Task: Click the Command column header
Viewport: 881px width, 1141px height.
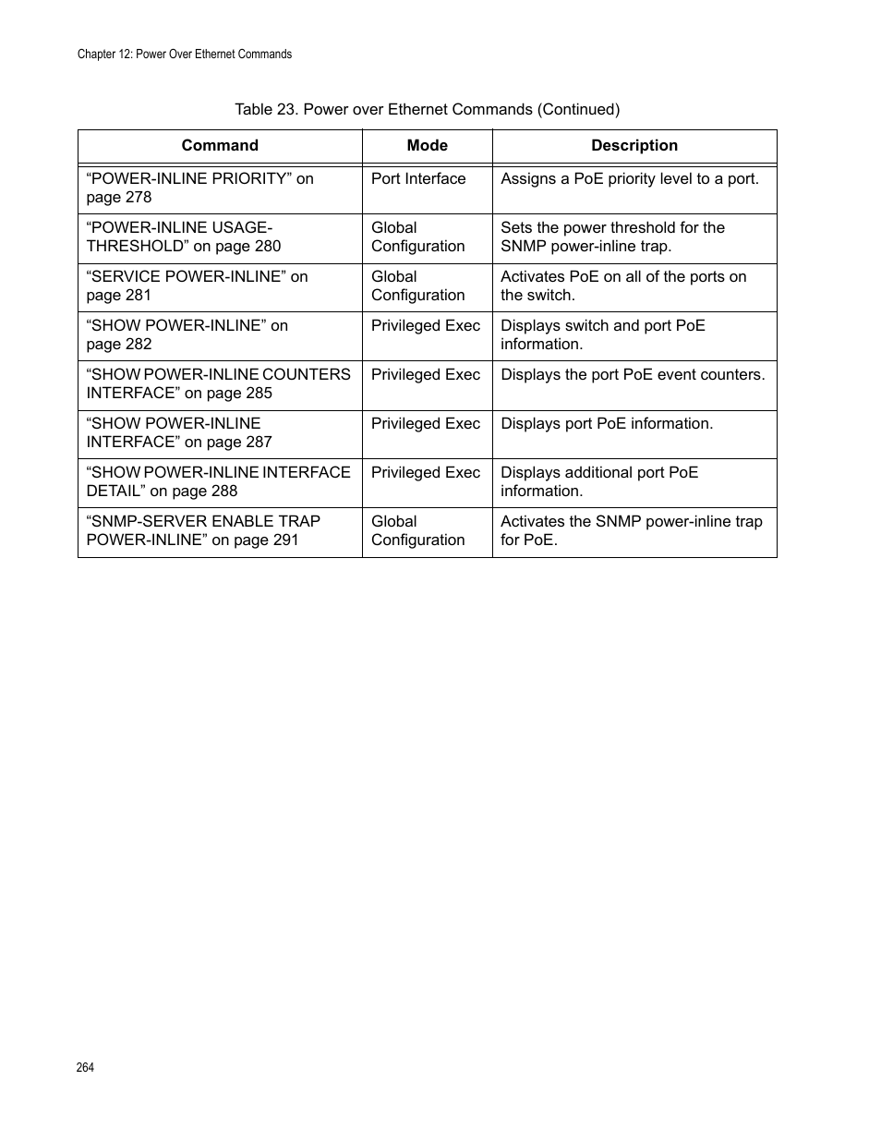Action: point(220,146)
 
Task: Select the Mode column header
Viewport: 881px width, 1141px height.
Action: point(427,146)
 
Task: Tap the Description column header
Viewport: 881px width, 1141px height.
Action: point(634,146)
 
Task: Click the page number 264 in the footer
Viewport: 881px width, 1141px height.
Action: point(85,1067)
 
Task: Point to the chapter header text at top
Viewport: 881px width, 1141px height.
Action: point(185,55)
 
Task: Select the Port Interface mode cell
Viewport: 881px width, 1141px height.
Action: point(418,179)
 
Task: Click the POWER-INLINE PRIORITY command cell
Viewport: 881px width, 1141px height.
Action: point(199,188)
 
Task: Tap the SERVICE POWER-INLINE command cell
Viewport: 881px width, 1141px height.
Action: point(197,285)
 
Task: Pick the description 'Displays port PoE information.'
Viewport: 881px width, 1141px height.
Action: point(607,424)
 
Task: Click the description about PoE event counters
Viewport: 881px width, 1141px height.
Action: point(633,375)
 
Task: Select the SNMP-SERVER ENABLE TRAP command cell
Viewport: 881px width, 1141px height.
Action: point(203,530)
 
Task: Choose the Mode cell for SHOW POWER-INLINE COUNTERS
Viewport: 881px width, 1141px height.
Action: point(426,375)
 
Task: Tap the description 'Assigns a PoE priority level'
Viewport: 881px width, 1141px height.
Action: point(630,179)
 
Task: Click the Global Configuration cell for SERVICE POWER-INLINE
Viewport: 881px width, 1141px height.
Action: point(417,285)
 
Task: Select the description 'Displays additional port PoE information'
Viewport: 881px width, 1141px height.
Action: point(599,481)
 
